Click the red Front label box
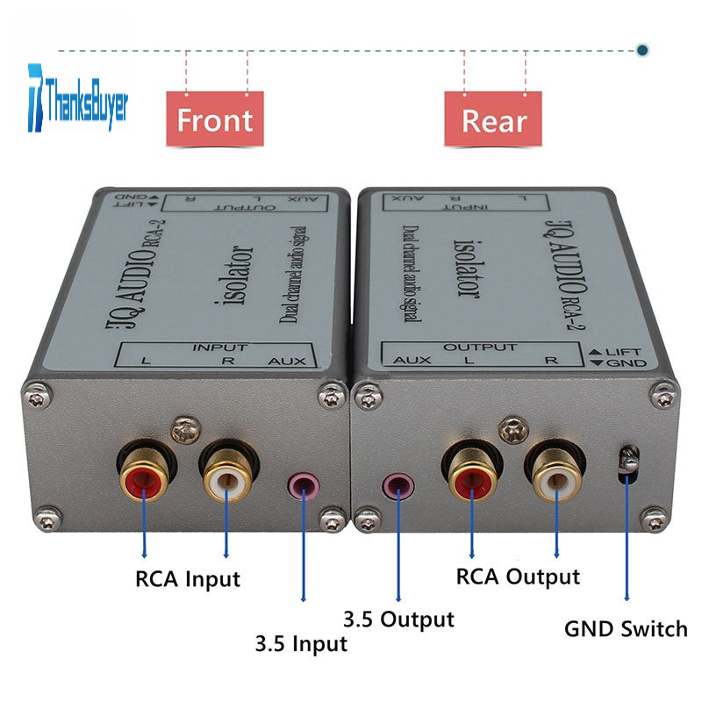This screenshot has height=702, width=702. click(x=215, y=119)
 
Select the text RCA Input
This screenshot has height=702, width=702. click(x=187, y=579)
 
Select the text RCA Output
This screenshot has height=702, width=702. click(x=518, y=577)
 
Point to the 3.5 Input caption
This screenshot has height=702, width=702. click(x=301, y=644)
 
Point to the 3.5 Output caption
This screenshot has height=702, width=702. click(x=399, y=620)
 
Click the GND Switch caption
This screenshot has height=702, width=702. click(x=626, y=629)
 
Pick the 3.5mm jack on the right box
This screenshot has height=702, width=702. click(x=399, y=484)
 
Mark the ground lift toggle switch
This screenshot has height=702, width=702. click(x=627, y=462)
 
